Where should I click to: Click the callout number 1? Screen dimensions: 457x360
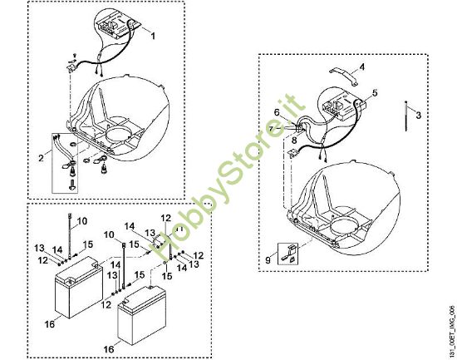pyautogui.click(x=152, y=36)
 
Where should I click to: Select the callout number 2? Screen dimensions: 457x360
pyautogui.click(x=41, y=158)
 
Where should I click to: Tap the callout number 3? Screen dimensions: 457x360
pyautogui.click(x=418, y=116)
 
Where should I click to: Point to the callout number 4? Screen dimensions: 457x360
pyautogui.click(x=361, y=67)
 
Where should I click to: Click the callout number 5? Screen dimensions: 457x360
pyautogui.click(x=375, y=93)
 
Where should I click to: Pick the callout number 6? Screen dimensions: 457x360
pyautogui.click(x=277, y=112)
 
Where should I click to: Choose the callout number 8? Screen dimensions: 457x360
pyautogui.click(x=294, y=141)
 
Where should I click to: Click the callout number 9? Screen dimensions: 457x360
pyautogui.click(x=268, y=259)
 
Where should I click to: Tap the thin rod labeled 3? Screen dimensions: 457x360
pyautogui.click(x=406, y=116)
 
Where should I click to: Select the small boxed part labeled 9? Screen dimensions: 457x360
pyautogui.click(x=288, y=254)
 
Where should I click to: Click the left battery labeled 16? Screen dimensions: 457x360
pyautogui.click(x=79, y=287)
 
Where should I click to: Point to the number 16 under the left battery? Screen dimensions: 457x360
pyautogui.click(x=50, y=323)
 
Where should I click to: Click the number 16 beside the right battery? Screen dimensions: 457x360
pyautogui.click(x=109, y=349)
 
